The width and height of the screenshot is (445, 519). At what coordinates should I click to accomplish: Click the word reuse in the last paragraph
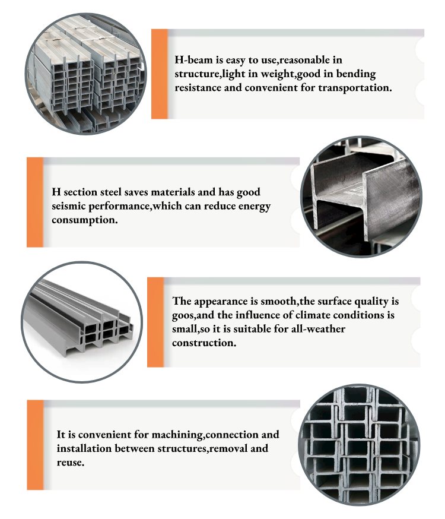[x=70, y=462]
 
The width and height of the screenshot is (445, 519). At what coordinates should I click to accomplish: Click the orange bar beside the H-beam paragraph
[x=160, y=74]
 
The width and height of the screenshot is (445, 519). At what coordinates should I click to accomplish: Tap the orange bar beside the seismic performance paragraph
[x=35, y=202]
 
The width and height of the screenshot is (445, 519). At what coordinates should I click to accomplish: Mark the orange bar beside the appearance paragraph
[x=155, y=321]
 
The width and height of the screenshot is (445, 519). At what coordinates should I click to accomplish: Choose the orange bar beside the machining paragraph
[x=36, y=445]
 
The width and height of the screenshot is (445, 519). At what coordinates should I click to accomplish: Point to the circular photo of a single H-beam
[x=361, y=197]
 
